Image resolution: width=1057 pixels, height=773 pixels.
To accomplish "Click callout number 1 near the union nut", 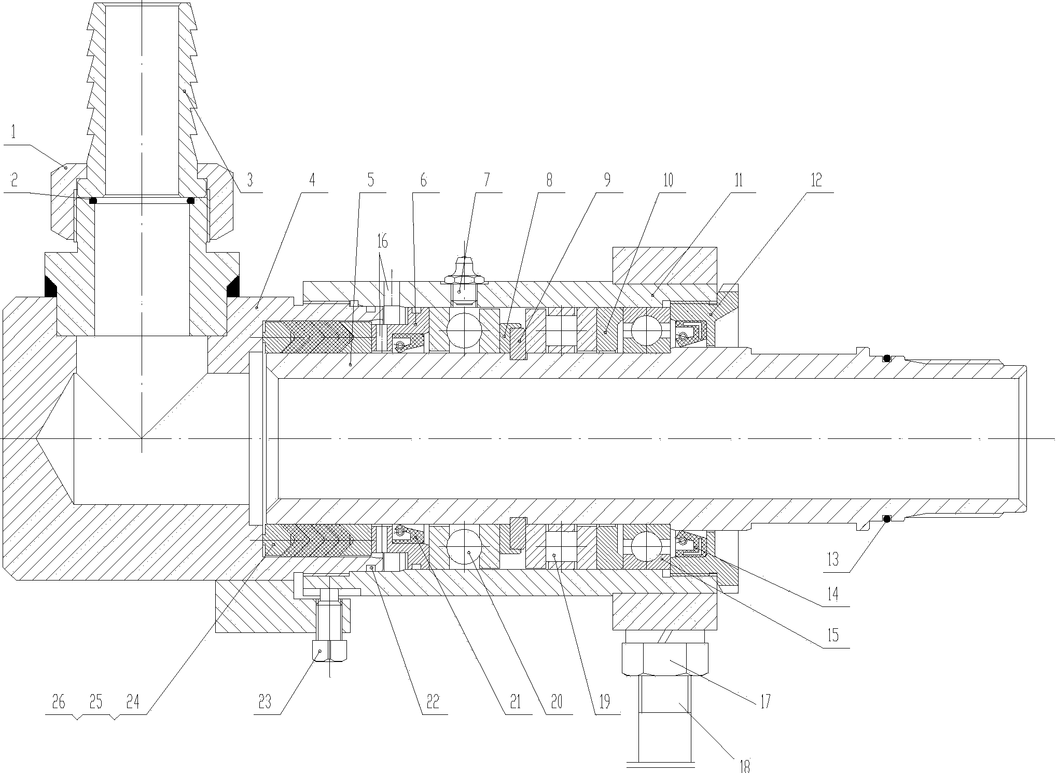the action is [x=14, y=132].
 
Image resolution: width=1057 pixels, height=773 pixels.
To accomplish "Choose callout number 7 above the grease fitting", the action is [x=486, y=181].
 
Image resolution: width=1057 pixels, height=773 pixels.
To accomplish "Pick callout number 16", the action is [x=383, y=241].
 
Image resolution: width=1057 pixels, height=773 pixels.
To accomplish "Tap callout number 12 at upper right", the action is [x=816, y=181].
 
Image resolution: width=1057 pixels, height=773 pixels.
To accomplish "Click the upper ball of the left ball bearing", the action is [x=465, y=330].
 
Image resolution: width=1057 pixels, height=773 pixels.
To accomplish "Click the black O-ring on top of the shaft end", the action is [x=887, y=358].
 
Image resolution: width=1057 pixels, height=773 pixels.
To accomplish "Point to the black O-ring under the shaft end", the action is [x=887, y=518].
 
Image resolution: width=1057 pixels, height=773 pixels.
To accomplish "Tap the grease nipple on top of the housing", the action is [x=465, y=280].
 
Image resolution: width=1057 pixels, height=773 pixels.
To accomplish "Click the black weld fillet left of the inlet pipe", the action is [x=50, y=287].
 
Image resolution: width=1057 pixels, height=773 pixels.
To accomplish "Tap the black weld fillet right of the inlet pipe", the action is [x=232, y=287].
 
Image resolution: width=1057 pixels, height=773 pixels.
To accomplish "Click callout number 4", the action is [x=312, y=181].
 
